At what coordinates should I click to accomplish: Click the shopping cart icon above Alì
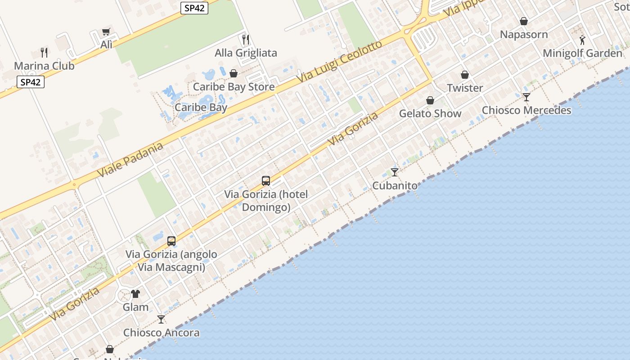pos(106,31)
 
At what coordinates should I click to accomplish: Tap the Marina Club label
pos(44,66)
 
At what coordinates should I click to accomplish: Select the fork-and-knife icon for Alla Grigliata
pos(246,40)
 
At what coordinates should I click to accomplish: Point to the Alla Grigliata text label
pos(246,53)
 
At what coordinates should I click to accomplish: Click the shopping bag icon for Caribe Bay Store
pos(234,73)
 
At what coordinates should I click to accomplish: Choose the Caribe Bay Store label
pos(234,87)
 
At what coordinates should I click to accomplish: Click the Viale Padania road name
pos(130,160)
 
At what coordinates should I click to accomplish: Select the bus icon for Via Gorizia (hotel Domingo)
pos(266,181)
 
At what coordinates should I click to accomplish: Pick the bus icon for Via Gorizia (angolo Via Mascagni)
pos(171,241)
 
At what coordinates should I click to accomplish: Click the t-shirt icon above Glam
pos(135,294)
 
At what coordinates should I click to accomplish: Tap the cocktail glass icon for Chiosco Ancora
pos(161,319)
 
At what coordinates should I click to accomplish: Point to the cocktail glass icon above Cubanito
pos(395,172)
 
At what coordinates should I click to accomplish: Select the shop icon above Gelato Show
pos(430,100)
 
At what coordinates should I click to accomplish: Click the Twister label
pos(465,88)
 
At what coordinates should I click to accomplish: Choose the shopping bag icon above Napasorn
pos(524,21)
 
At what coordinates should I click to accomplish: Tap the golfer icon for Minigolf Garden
pos(583,40)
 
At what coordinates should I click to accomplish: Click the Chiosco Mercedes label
pos(526,110)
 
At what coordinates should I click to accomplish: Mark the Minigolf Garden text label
pos(583,53)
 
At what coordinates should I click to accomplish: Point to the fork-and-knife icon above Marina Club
pos(44,52)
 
